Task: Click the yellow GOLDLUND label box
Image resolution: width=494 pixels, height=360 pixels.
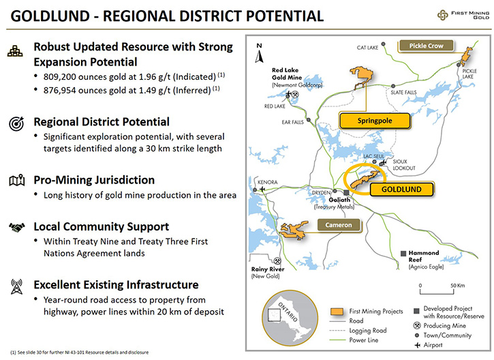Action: (x=402, y=189)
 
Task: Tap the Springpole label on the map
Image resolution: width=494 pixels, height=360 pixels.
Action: (x=375, y=121)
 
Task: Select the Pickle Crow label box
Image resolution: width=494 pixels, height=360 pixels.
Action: (x=426, y=46)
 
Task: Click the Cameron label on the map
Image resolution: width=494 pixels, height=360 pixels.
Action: (x=339, y=225)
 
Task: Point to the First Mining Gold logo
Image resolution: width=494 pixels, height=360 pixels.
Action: (x=463, y=15)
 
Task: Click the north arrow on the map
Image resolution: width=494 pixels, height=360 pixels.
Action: (x=259, y=54)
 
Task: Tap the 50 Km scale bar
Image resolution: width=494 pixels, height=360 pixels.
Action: (x=437, y=289)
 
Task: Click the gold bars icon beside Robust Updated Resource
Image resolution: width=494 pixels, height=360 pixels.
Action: (x=15, y=51)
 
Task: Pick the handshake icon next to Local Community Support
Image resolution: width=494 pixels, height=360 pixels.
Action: (x=17, y=227)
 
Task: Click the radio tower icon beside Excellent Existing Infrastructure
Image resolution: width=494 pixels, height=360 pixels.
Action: (x=17, y=286)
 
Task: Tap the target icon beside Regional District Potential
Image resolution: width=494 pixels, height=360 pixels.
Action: (x=16, y=123)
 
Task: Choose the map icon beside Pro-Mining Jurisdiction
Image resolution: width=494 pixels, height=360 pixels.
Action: (x=17, y=181)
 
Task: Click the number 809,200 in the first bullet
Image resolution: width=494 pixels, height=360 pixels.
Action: (x=60, y=77)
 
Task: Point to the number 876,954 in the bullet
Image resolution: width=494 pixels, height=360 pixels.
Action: (x=60, y=91)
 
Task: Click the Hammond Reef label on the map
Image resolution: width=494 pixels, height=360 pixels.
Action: (x=423, y=256)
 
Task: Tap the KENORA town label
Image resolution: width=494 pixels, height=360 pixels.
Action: (x=268, y=182)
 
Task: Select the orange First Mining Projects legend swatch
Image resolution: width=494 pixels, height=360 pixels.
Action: (x=337, y=312)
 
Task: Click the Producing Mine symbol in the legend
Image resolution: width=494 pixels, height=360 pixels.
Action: (x=417, y=325)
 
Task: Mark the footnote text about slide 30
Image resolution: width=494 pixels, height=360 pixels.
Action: (x=80, y=352)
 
